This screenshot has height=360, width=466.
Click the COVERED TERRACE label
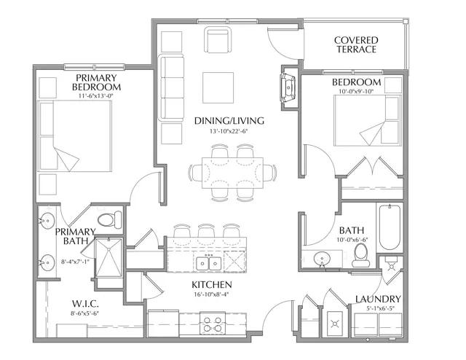click(356, 44)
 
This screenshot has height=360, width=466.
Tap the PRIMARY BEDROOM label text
click(96, 82)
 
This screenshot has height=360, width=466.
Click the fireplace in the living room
click(288, 87)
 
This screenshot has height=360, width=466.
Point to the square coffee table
click(218, 87)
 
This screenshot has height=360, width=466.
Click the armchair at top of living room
click(218, 39)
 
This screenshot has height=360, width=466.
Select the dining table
click(232, 173)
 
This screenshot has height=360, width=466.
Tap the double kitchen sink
click(209, 263)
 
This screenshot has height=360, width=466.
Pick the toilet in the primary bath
click(109, 220)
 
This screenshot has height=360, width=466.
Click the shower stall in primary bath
click(108, 258)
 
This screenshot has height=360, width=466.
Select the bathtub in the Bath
click(390, 227)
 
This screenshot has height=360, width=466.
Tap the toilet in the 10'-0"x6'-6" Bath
click(361, 255)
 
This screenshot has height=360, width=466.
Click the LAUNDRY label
click(378, 299)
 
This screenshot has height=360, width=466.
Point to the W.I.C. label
click(85, 304)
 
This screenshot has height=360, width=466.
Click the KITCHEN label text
click(212, 285)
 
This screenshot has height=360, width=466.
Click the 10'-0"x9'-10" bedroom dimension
click(356, 91)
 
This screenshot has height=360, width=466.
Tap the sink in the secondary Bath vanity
click(322, 258)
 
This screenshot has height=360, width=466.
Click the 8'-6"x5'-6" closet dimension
click(84, 313)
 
